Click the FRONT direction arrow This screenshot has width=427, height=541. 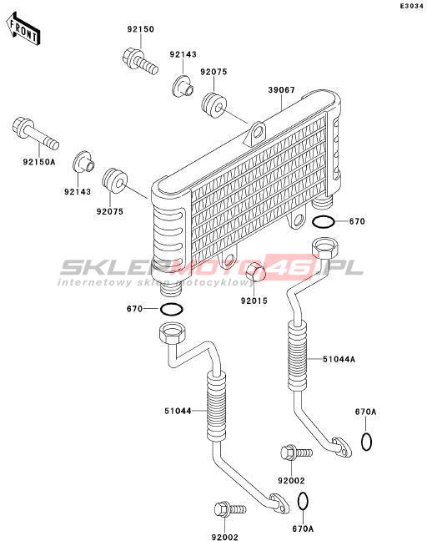pyautogui.click(x=23, y=29)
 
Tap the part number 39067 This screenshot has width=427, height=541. pyautogui.click(x=282, y=90)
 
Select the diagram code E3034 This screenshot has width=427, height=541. pyautogui.click(x=411, y=6)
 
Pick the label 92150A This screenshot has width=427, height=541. pyautogui.click(x=39, y=161)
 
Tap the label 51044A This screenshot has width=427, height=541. pyautogui.click(x=339, y=359)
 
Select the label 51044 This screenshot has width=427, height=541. pyautogui.click(x=178, y=411)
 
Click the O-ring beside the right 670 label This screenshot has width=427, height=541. pyautogui.click(x=323, y=222)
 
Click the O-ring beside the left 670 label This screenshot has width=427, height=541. pyautogui.click(x=171, y=309)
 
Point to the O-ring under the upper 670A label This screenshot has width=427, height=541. pyautogui.click(x=366, y=442)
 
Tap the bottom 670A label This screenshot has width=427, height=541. pyautogui.click(x=304, y=528)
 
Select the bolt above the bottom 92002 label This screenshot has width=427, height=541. pyautogui.click(x=230, y=509)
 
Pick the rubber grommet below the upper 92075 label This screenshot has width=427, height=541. pyautogui.click(x=213, y=105)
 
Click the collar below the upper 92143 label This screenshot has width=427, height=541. pyautogui.click(x=183, y=85)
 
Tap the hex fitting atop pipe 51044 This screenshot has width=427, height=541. pyautogui.click(x=173, y=332)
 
